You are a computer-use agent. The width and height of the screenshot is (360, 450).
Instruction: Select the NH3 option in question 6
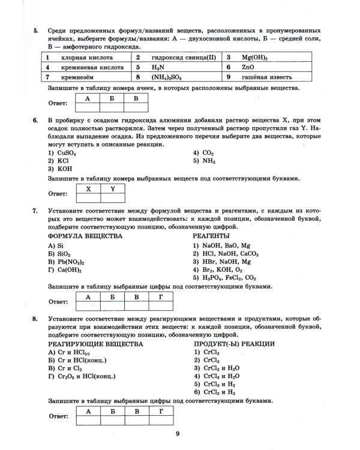pyautogui.click(x=205, y=161)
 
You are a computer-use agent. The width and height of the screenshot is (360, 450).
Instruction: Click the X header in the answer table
pyautogui.click(x=89, y=188)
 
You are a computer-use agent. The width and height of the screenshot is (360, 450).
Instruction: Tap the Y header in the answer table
pyautogui.click(x=112, y=188)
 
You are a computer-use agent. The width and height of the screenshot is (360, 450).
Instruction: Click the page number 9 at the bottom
pyautogui.click(x=178, y=434)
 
